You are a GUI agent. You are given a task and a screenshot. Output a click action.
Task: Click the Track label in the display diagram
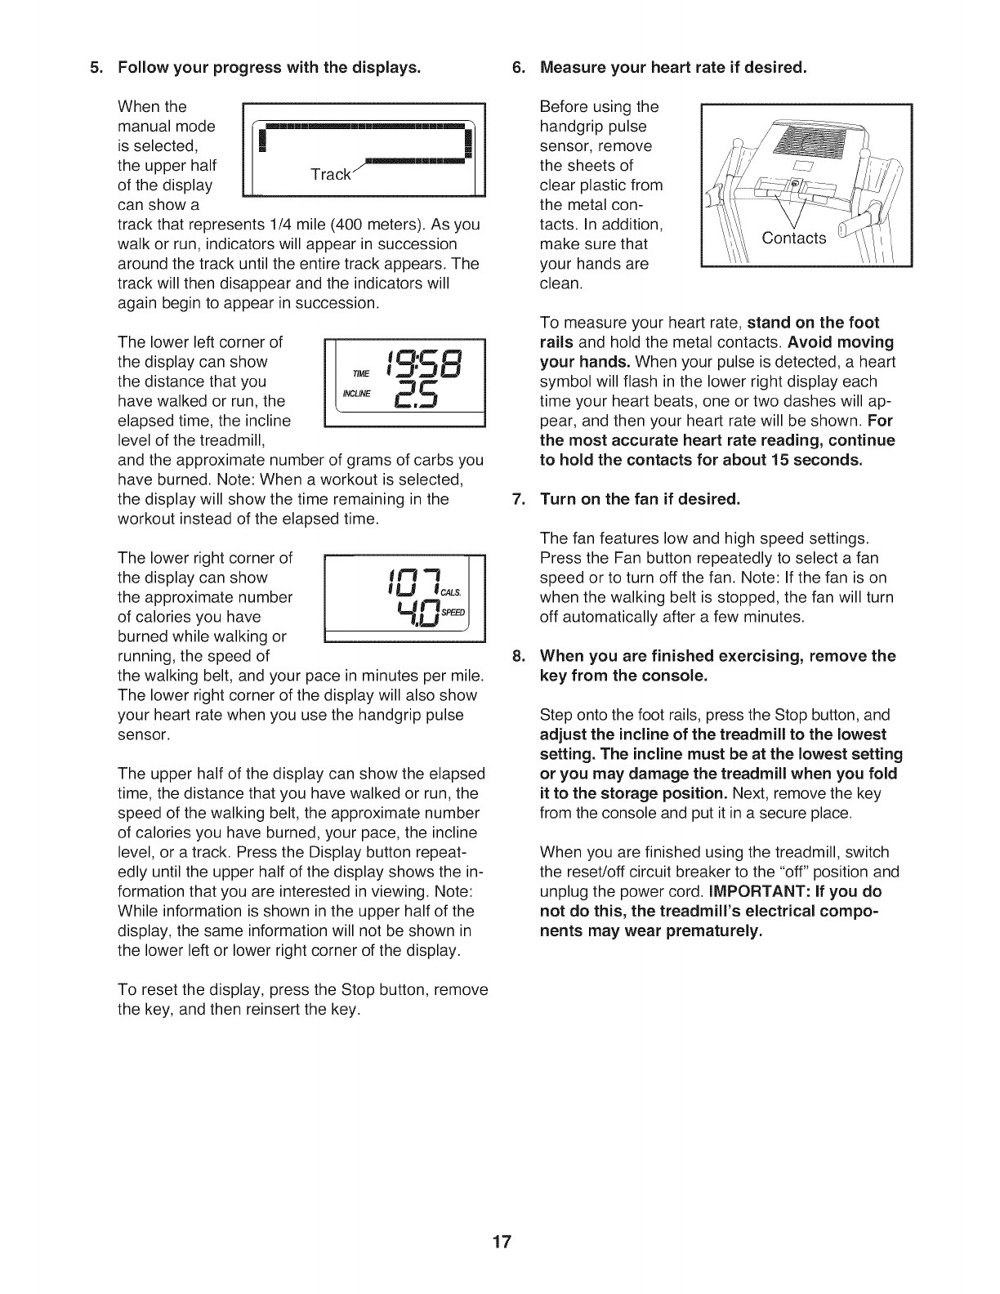tap(330, 175)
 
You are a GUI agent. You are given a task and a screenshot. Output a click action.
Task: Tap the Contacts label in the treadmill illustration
tap(793, 238)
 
